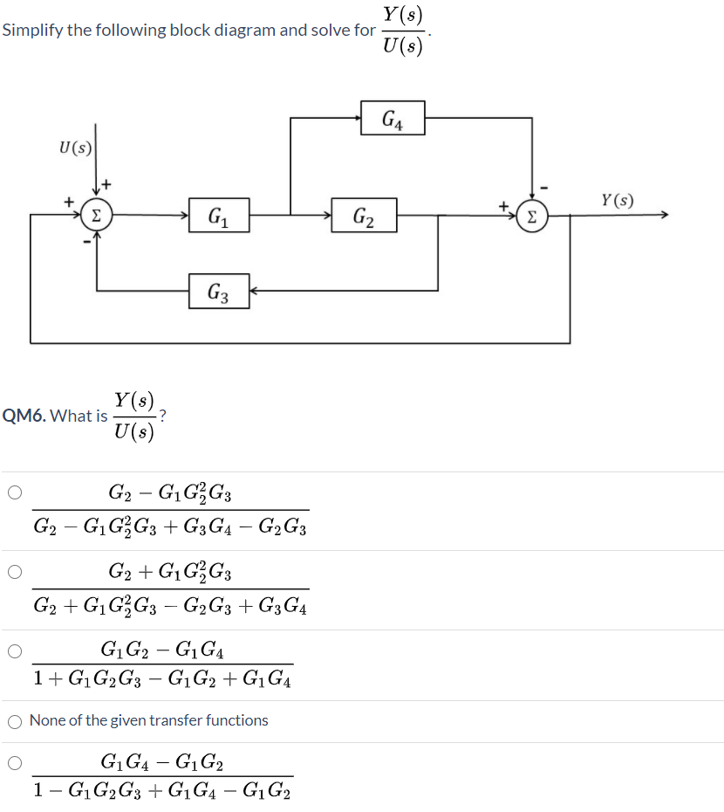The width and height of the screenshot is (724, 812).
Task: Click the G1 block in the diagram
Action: click(x=219, y=216)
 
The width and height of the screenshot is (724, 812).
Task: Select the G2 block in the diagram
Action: click(x=364, y=216)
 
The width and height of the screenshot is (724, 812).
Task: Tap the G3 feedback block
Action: click(x=219, y=291)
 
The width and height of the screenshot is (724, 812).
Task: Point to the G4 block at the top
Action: click(x=392, y=119)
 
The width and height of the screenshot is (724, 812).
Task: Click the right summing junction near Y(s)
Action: click(x=532, y=216)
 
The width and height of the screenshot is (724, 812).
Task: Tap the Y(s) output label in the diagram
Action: click(x=617, y=201)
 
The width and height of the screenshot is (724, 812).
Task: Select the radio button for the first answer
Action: click(x=15, y=492)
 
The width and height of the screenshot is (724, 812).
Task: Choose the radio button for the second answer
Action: click(x=15, y=572)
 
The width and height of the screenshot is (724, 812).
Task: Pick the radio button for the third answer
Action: click(x=15, y=650)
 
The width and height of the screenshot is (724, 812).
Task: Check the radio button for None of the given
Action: click(x=15, y=721)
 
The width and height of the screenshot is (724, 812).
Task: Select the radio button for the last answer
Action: click(x=15, y=763)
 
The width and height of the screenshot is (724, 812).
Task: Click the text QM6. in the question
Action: click(x=24, y=416)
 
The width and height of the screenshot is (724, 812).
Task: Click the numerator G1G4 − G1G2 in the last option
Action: click(x=162, y=763)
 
